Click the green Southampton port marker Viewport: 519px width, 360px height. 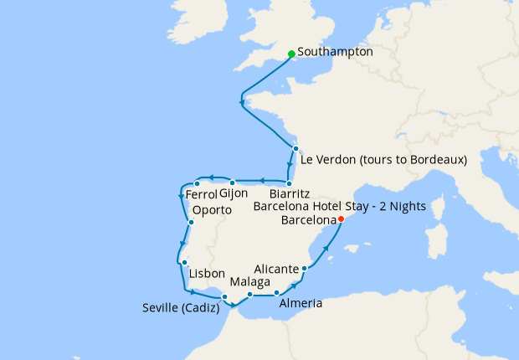click(x=290, y=54)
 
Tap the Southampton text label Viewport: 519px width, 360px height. click(x=335, y=52)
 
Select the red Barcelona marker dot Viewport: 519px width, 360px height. click(x=340, y=219)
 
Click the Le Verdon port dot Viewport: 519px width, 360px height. click(x=295, y=148)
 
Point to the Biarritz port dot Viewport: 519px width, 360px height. click(x=288, y=183)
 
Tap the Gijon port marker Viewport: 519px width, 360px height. click(x=233, y=183)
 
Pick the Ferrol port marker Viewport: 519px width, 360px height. click(x=197, y=183)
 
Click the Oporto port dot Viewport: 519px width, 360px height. click(x=192, y=222)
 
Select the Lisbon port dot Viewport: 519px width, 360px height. click(x=183, y=263)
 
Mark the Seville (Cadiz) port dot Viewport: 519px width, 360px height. click(x=224, y=296)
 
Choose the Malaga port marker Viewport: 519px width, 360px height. click(x=249, y=295)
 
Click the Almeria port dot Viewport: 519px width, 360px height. click(x=276, y=293)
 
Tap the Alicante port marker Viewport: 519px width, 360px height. click(x=304, y=269)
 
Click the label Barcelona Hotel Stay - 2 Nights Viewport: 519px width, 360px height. click(x=339, y=206)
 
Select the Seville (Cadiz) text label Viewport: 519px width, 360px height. click(x=180, y=308)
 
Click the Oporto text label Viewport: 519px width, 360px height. click(x=212, y=210)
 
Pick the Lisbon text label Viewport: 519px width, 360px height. click(x=208, y=274)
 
